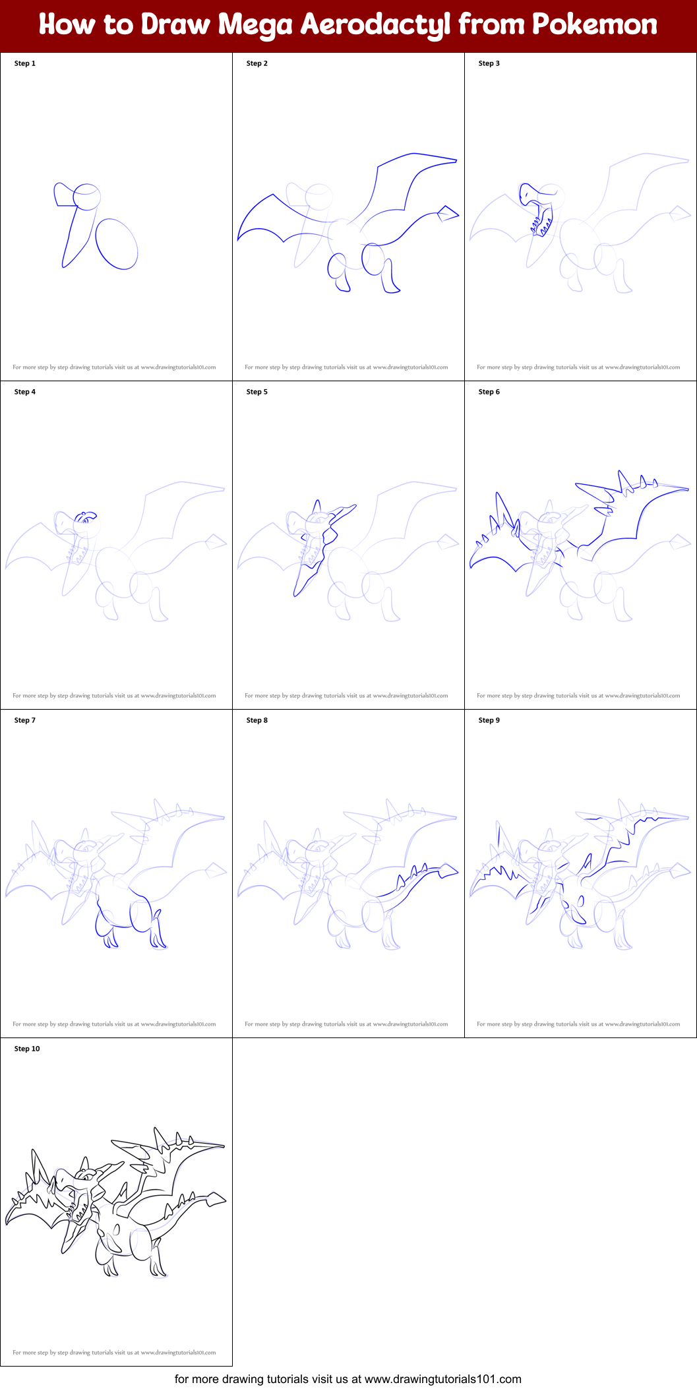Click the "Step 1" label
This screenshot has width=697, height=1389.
click(25, 63)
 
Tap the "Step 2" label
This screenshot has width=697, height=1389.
click(257, 63)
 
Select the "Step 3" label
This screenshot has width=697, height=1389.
click(489, 63)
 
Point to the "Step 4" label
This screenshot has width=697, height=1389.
click(25, 392)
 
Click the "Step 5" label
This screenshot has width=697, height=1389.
click(257, 392)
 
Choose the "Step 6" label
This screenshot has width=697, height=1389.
click(489, 392)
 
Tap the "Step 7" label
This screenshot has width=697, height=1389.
click(25, 720)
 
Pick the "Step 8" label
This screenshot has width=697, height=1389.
click(257, 720)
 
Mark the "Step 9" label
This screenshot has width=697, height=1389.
click(489, 720)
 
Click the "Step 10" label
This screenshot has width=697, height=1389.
click(27, 1049)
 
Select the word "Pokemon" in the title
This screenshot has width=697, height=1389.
click(594, 25)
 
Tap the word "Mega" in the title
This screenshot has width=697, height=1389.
click(255, 25)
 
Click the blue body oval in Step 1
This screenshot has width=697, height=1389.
click(117, 244)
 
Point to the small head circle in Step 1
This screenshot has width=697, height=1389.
click(86, 196)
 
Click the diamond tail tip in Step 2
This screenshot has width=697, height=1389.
click(448, 214)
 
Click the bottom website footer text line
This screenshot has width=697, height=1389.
click(348, 1378)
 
